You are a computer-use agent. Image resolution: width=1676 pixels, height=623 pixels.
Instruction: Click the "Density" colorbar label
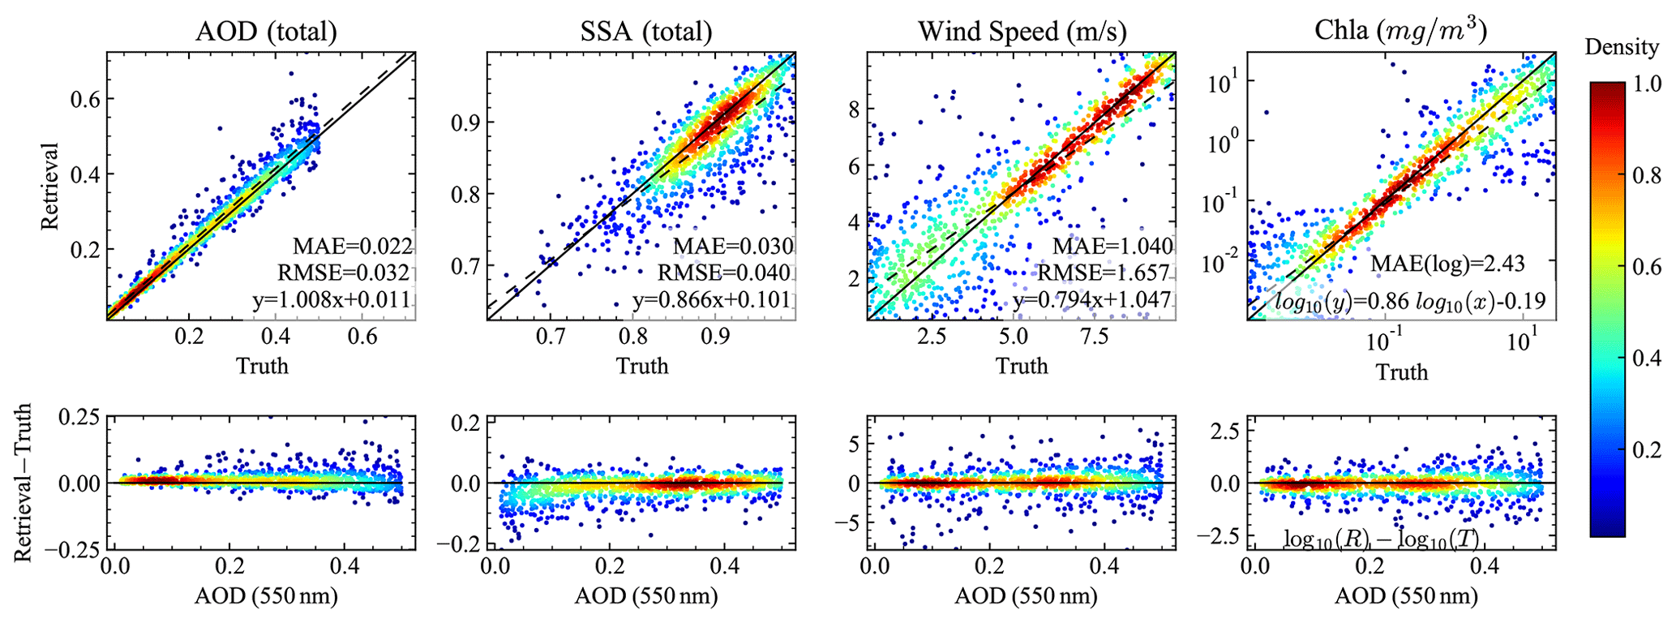tap(1622, 47)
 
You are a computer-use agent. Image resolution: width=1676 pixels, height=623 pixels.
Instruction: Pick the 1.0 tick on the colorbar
tap(1646, 84)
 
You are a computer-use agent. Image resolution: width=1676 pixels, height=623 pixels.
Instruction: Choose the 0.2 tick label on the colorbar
tap(1646, 449)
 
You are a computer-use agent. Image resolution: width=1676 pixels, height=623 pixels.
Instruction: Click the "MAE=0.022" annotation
tap(354, 246)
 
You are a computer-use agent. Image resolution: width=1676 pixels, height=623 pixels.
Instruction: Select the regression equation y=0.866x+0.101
tap(711, 299)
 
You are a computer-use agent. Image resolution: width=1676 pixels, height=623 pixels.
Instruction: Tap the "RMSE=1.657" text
tap(1104, 273)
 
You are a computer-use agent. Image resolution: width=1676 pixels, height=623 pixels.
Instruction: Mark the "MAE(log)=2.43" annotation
tap(1447, 264)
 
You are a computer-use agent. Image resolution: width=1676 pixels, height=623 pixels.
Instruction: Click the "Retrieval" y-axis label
tap(50, 187)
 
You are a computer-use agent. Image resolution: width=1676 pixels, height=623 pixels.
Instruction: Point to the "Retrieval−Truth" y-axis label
tap(24, 483)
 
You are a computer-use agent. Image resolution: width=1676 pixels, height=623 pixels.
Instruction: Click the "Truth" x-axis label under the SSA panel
tap(642, 366)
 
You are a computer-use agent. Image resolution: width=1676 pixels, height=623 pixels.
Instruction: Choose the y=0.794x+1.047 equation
tap(1091, 299)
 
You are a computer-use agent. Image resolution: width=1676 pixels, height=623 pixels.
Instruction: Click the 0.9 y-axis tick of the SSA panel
tap(465, 122)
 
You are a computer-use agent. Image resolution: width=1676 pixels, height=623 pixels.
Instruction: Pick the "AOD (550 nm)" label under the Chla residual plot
tap(1406, 596)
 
